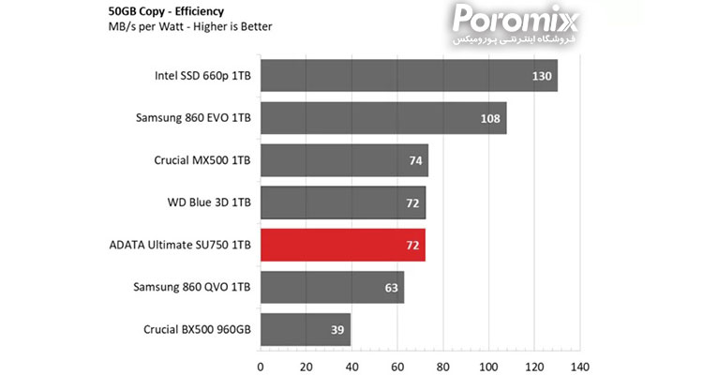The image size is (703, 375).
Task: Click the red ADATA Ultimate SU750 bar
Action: (342, 245)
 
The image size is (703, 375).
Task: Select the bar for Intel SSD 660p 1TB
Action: (409, 76)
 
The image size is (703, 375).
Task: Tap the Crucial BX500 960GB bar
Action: (306, 330)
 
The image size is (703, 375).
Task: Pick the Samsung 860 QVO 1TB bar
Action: (332, 287)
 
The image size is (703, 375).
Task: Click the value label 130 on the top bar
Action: (541, 76)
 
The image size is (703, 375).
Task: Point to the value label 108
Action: (490, 118)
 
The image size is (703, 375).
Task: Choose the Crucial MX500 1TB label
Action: (202, 160)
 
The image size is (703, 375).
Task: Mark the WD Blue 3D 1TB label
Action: (209, 202)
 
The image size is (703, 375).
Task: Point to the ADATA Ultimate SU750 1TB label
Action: (180, 245)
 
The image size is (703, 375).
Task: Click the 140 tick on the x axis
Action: (580, 365)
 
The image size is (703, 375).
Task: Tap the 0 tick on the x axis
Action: (261, 365)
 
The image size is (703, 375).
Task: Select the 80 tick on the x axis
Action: (443, 365)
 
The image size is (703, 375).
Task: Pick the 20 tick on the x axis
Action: (307, 365)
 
